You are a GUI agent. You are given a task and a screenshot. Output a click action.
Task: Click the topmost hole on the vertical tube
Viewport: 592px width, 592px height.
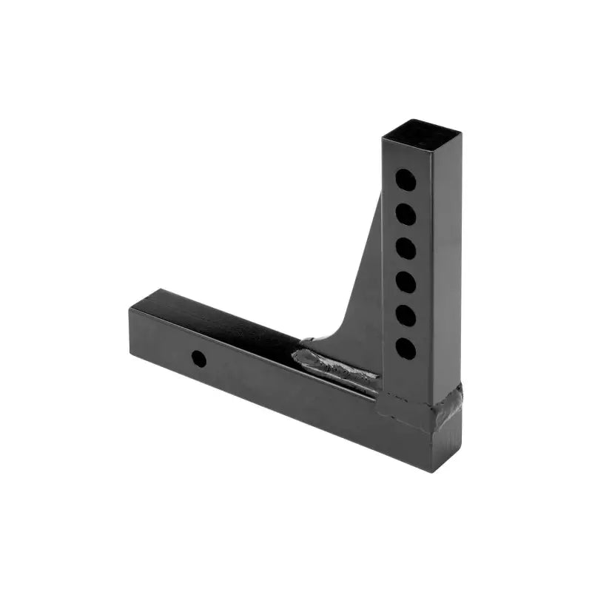point(405,179)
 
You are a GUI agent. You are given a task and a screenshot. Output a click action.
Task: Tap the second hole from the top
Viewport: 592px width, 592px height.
point(405,214)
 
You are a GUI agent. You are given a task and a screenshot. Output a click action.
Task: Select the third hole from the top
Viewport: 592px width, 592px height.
point(405,248)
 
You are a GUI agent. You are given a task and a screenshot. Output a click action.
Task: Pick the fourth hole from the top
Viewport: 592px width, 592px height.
point(405,282)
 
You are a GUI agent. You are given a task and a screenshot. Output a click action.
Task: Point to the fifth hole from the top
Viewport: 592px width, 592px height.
point(405,315)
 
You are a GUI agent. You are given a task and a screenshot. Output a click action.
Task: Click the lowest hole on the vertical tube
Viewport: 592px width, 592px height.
point(405,349)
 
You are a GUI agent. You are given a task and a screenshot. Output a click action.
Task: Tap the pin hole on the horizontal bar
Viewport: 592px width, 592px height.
point(198,359)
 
